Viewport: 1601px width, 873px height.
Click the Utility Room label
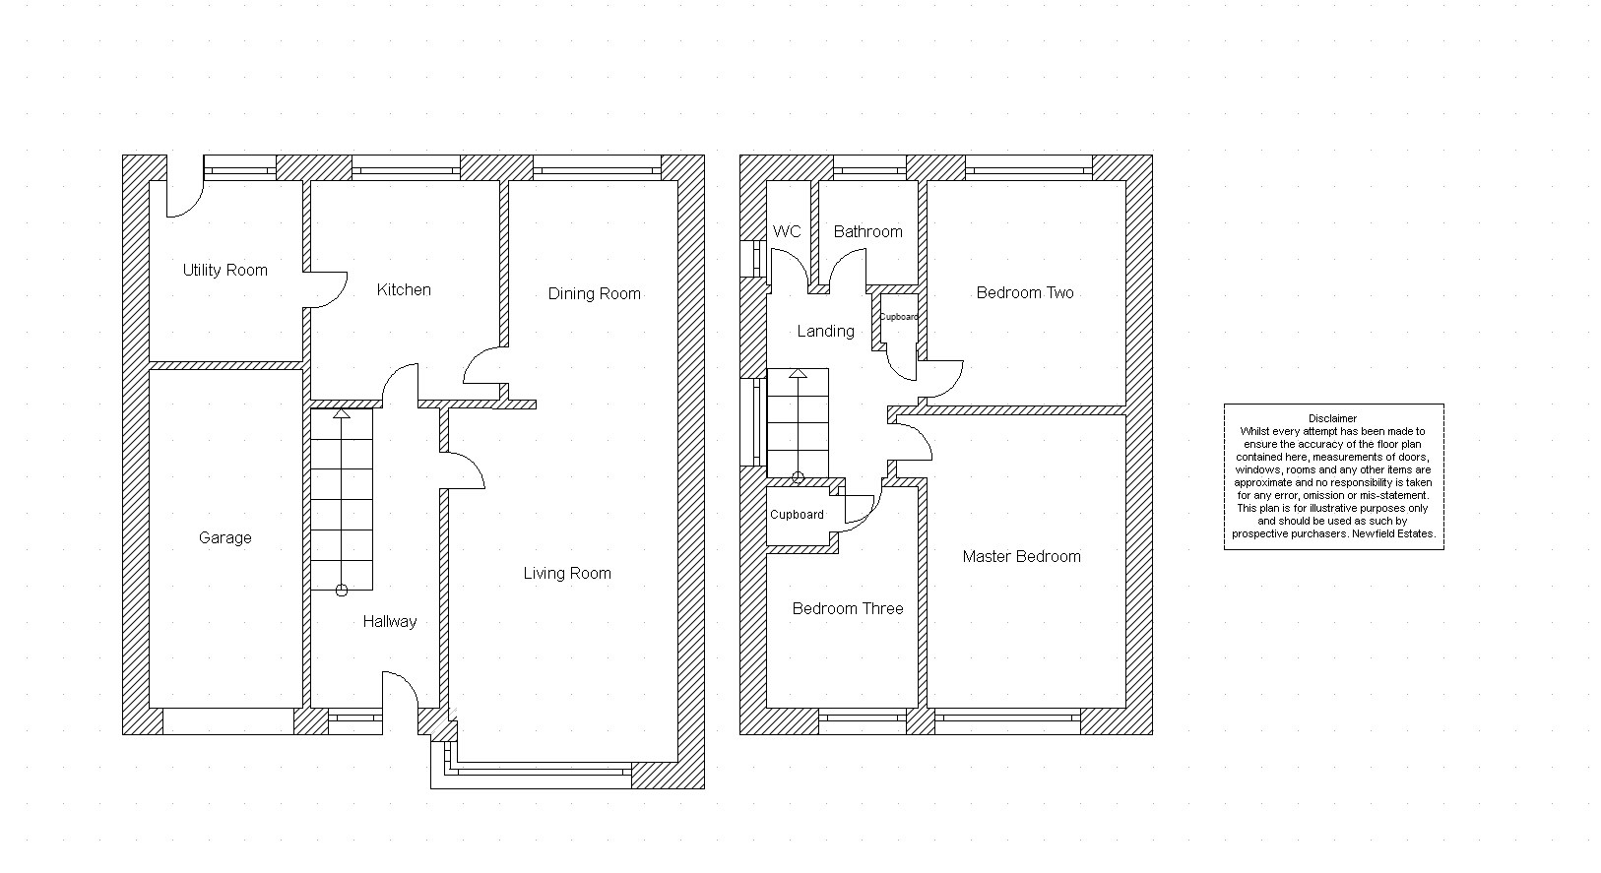click(225, 270)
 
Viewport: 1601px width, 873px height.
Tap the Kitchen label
click(404, 289)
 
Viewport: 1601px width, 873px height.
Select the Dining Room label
click(594, 293)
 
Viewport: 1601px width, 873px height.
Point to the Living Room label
click(567, 573)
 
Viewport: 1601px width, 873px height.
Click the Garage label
click(225, 538)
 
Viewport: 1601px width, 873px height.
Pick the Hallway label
click(390, 621)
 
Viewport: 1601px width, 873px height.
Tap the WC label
click(787, 231)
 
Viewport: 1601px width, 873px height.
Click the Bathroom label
click(867, 231)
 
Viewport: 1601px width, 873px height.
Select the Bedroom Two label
click(1025, 293)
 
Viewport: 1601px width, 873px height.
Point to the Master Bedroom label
click(1021, 556)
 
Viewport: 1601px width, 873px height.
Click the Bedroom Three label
click(848, 608)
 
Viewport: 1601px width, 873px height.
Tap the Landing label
click(825, 332)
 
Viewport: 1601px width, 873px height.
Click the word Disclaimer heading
click(1332, 418)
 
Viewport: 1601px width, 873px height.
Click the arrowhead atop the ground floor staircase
click(342, 413)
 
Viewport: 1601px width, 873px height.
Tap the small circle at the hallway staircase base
click(342, 591)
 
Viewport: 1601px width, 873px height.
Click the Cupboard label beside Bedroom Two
click(898, 317)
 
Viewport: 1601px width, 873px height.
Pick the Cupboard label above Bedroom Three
click(797, 515)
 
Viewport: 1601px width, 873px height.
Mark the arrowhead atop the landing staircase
click(798, 374)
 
